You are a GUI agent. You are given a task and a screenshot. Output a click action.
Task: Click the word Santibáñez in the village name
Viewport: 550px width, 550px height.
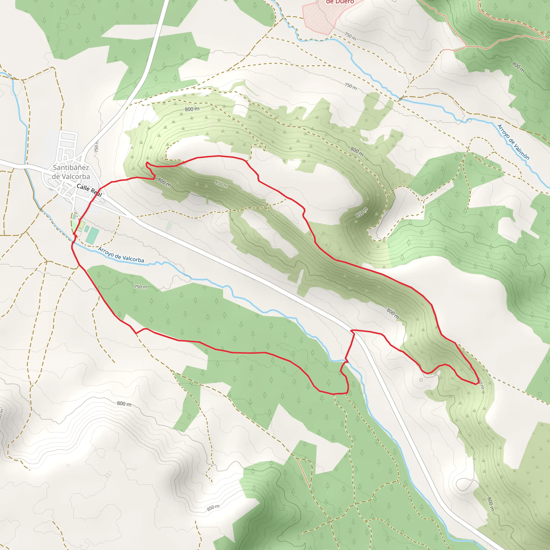[x=71, y=167]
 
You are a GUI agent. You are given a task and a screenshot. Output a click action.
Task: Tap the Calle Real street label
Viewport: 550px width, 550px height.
[x=89, y=190]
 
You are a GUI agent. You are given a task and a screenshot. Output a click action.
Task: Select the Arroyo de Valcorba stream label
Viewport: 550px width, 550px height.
[x=121, y=255]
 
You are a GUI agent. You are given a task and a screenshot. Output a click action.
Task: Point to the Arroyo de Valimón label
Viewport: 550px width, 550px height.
[x=513, y=142]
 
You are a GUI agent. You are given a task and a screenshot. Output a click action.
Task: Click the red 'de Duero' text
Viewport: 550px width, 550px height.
[x=340, y=2]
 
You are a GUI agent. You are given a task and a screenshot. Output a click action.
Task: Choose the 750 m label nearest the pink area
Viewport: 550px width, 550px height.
[x=350, y=36]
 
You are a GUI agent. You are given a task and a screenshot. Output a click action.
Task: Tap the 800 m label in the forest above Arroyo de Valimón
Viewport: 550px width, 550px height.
[x=518, y=67]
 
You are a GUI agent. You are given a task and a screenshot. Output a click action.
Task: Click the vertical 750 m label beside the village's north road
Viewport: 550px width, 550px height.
[x=96, y=146]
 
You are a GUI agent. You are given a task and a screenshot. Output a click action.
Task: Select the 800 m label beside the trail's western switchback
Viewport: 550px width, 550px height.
[x=164, y=182]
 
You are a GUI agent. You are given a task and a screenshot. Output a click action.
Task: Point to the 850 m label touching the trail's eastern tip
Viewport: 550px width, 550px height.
[x=481, y=383]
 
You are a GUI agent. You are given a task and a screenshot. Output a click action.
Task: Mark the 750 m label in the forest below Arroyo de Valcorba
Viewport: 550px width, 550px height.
[x=141, y=287]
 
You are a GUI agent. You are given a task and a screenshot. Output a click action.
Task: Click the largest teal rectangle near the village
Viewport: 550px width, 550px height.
[x=92, y=236]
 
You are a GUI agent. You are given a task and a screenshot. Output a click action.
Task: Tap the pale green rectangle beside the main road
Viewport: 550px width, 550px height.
[x=169, y=226]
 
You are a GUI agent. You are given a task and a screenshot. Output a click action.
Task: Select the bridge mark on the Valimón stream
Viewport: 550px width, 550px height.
[x=401, y=99]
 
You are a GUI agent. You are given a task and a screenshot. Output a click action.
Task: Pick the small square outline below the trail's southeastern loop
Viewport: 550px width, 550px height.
[x=421, y=380]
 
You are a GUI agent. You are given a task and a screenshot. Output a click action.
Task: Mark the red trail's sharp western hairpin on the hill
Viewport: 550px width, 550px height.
[x=146, y=163]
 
